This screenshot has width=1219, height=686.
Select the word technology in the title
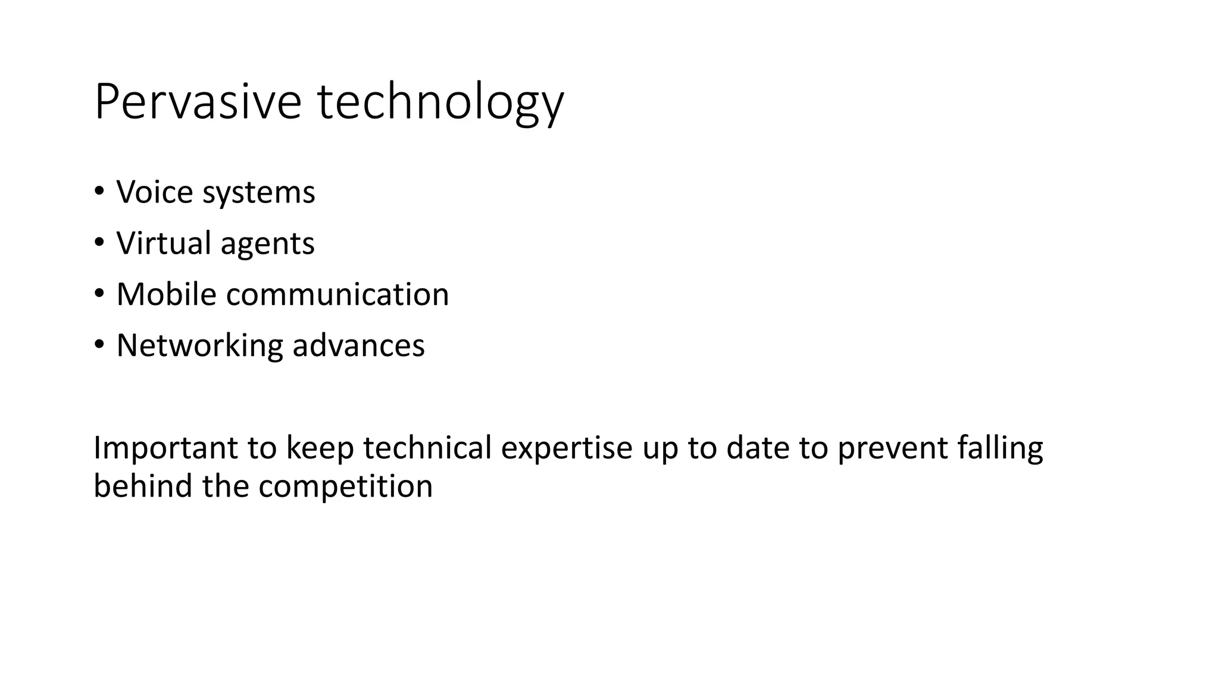pos(440,102)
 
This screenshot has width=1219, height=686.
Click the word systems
pos(259,193)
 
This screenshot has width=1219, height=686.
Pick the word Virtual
pos(164,243)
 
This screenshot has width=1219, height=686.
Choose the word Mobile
pos(166,294)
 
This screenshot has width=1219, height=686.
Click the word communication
pos(337,294)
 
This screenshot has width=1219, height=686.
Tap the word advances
pos(359,345)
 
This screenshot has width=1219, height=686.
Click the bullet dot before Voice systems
pos(99,191)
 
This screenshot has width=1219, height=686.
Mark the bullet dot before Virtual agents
pos(99,242)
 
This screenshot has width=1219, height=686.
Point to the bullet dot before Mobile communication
pos(99,294)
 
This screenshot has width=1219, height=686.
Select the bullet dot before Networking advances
pos(99,345)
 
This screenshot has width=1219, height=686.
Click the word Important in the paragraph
pos(165,448)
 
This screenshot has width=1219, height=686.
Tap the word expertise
pos(567,448)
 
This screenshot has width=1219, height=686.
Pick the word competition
pos(345,486)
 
